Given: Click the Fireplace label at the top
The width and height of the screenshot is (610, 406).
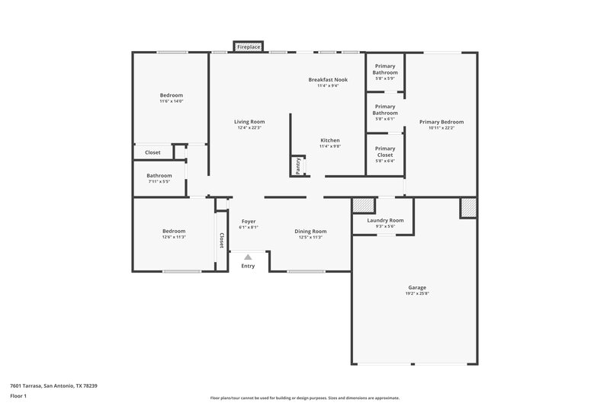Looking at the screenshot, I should (249, 47).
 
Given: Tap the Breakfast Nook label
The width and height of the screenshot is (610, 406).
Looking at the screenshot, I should (328, 79).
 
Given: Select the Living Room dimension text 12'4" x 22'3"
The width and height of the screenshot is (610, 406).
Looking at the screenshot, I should (249, 128).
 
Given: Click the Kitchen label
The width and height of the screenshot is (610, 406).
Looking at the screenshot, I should (329, 140).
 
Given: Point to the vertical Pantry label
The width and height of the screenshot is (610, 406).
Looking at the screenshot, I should (297, 165).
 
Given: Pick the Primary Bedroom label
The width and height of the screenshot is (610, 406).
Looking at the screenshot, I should (441, 122).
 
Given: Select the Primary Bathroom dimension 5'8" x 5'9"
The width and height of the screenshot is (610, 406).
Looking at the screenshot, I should (385, 78).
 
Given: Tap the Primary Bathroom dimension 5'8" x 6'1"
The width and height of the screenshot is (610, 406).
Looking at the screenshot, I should (385, 119).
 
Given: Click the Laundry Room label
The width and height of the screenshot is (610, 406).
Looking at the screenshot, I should (385, 220).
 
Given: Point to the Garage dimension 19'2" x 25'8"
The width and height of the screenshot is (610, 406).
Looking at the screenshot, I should (417, 294).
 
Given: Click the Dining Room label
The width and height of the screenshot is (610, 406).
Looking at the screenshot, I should (310, 231).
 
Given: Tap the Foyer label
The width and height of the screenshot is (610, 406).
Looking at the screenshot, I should (248, 221).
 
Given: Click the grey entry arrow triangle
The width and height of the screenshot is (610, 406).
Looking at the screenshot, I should (248, 257).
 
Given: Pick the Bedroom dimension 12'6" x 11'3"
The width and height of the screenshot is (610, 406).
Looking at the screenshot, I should (173, 237).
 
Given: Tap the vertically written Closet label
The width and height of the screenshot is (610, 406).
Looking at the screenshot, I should (222, 241).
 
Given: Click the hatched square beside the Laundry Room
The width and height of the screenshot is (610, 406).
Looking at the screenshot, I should (364, 205).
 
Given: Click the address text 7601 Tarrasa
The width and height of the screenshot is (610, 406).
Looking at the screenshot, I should (53, 385).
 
